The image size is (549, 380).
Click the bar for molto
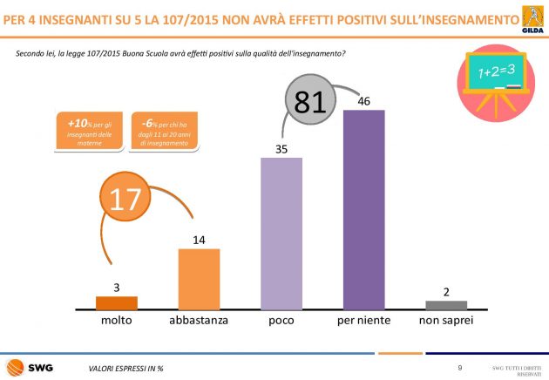(x=117, y=303)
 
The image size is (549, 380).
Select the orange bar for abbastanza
(x=199, y=279)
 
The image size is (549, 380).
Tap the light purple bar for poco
(x=281, y=234)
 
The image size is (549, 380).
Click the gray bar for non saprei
(x=446, y=305)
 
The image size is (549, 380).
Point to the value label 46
(x=364, y=102)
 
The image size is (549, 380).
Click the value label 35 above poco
(x=281, y=150)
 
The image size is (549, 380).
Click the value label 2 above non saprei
(x=446, y=292)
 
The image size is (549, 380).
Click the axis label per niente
(x=363, y=321)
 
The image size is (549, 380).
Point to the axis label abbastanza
(x=199, y=321)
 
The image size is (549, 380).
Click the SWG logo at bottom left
(x=30, y=367)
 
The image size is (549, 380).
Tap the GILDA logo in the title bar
(x=530, y=19)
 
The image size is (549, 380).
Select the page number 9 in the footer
(x=459, y=368)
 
